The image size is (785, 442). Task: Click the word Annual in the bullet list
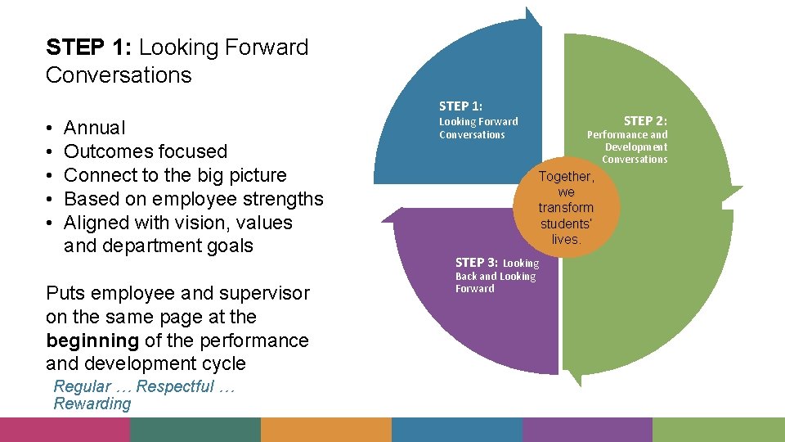point(95,128)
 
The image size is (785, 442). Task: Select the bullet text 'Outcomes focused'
point(145,151)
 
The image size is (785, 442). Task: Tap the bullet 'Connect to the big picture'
point(175,175)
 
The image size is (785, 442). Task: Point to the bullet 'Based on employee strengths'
point(193,199)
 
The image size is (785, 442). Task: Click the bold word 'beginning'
point(92,341)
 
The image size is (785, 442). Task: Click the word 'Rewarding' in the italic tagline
point(92,404)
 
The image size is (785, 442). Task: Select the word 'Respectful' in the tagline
point(176,386)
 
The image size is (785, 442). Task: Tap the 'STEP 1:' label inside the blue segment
point(460,106)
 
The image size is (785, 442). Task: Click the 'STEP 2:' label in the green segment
point(645,121)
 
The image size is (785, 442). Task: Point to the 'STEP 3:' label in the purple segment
point(476,263)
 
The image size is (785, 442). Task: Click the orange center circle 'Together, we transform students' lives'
point(566,208)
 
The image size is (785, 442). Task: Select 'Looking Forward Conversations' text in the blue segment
point(478,128)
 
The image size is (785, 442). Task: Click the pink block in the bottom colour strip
point(65,430)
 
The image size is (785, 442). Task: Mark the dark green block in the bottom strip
point(195,430)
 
